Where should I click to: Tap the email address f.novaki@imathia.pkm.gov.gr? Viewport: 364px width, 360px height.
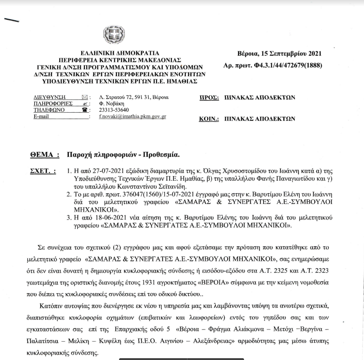pyautogui.click(x=132, y=117)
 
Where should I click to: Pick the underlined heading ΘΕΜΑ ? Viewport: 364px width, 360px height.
pyautogui.click(x=44, y=155)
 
